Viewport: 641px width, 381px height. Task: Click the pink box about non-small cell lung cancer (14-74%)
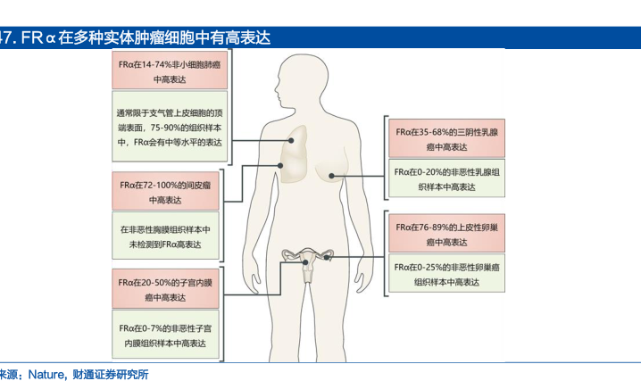tap(170, 70)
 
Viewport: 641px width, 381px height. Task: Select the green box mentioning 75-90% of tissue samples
tap(170, 126)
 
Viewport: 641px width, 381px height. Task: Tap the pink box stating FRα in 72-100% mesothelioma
tap(165, 191)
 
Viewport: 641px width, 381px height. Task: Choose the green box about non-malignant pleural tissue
tap(165, 236)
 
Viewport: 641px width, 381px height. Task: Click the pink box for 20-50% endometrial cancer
tap(165, 289)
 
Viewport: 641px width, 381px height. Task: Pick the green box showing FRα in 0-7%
tap(165, 335)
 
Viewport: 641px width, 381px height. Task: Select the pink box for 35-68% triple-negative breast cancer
tap(446, 138)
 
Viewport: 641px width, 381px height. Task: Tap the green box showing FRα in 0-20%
tap(446, 178)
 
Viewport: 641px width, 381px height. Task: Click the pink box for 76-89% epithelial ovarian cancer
tap(446, 233)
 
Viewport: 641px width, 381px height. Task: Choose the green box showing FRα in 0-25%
tap(446, 273)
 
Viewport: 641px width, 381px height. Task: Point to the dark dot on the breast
tap(331, 176)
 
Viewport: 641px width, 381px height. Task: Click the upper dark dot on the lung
tap(291, 140)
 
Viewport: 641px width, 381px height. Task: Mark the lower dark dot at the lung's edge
tap(280, 165)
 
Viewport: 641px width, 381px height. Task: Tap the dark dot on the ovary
tap(326, 258)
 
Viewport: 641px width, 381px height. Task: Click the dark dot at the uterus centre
tap(305, 262)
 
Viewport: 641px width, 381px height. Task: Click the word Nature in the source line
tap(46, 375)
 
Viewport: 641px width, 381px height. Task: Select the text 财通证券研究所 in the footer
tap(111, 375)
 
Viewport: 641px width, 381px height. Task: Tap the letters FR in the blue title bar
tap(31, 37)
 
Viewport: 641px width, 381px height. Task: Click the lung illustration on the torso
tap(295, 154)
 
